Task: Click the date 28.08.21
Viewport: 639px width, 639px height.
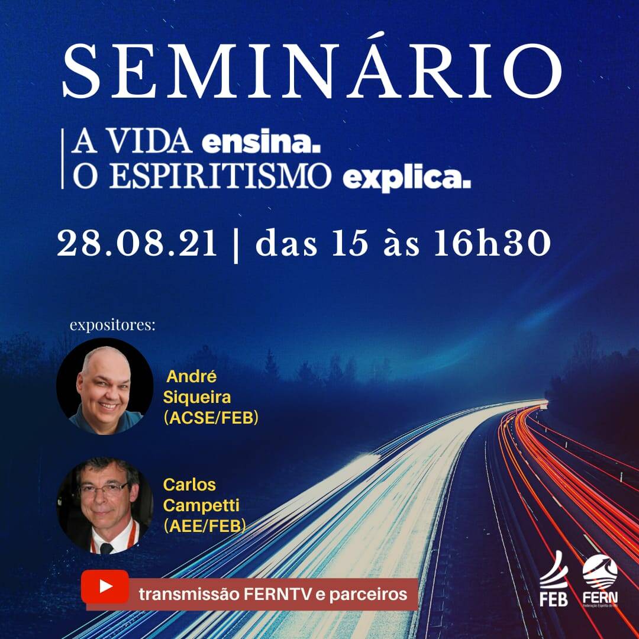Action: coord(137,244)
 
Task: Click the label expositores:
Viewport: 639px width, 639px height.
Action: coord(112,325)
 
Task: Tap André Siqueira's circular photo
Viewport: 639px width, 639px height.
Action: coord(105,386)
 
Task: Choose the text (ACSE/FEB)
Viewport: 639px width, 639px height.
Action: coord(212,418)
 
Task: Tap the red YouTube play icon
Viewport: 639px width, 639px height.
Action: coord(106,586)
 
